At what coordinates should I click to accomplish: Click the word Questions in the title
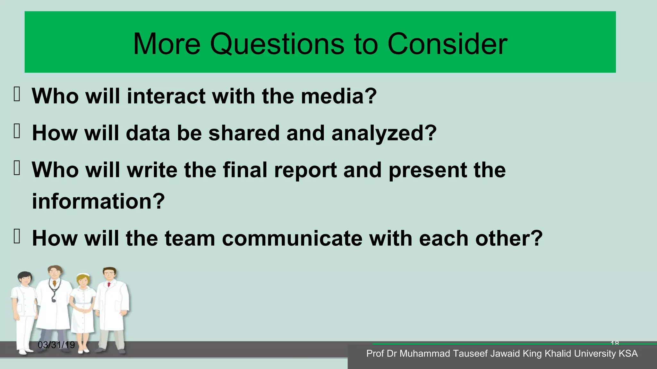(277, 44)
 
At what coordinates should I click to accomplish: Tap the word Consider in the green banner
(447, 44)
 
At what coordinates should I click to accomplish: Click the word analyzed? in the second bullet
(384, 133)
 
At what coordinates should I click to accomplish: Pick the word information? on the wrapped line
(98, 201)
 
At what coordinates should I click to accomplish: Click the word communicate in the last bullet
(292, 239)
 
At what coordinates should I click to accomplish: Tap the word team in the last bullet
(190, 239)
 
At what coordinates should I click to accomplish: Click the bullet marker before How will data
(17, 132)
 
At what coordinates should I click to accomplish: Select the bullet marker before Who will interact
(17, 95)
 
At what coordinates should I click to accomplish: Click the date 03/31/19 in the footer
(56, 345)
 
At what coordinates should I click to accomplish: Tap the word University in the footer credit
(595, 354)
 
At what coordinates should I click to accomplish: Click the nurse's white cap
(83, 275)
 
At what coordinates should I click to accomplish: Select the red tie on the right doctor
(109, 285)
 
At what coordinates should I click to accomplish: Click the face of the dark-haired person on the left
(25, 279)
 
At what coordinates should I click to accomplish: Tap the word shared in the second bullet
(244, 133)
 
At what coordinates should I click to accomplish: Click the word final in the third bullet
(245, 170)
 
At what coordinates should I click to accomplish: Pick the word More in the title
(166, 44)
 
